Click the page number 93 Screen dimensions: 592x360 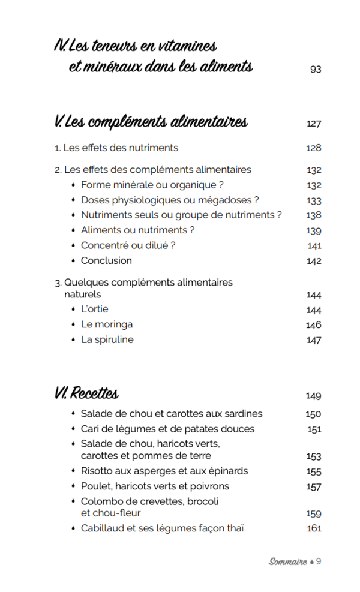316,69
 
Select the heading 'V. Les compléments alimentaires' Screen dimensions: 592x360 151,122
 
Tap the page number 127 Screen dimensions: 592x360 314,124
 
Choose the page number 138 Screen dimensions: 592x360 314,215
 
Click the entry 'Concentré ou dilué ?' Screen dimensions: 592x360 128,245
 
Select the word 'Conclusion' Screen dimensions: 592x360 106,260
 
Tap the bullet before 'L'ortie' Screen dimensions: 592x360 73,309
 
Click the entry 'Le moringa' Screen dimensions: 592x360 107,324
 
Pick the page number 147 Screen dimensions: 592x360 314,340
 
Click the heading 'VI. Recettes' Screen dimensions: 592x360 86,394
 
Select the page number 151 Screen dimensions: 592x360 314,429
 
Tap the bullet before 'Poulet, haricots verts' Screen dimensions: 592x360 73,486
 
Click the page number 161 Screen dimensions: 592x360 314,528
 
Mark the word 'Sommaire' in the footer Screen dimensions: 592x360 287,562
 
